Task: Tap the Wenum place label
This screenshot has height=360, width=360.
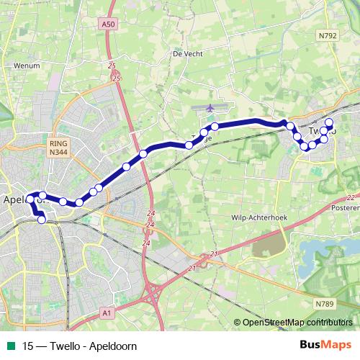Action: click(26, 65)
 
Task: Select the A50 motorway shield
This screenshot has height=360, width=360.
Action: click(108, 24)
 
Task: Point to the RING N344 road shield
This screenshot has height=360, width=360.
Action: click(58, 148)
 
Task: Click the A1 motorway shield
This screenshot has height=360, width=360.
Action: click(107, 312)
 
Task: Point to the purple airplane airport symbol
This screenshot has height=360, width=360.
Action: click(210, 107)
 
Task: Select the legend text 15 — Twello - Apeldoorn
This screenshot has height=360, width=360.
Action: click(79, 346)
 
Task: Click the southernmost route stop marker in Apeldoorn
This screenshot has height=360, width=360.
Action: click(42, 220)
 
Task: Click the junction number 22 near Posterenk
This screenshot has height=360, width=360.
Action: click(350, 197)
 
